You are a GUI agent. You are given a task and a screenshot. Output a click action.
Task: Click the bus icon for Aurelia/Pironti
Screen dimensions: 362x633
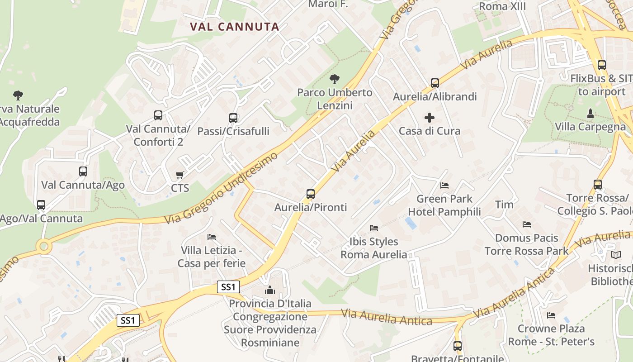pos(310,194)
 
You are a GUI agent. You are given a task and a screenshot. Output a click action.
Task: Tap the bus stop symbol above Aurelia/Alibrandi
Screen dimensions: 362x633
pos(435,83)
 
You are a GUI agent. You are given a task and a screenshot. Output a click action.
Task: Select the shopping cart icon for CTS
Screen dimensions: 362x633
pos(180,175)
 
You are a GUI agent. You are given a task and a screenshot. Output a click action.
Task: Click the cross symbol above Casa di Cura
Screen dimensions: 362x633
pos(430,118)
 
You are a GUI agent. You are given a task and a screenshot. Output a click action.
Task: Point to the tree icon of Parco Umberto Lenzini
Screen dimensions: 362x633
pos(334,79)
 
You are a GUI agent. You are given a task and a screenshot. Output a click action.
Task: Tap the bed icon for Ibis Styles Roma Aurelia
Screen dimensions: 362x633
pos(373,228)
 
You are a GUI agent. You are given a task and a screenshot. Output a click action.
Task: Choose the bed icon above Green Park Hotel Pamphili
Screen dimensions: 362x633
pos(444,185)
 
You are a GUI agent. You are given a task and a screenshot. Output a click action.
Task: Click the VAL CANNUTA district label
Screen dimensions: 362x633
pos(235,27)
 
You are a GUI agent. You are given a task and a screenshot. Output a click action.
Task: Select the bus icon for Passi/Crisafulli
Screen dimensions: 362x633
pos(233,118)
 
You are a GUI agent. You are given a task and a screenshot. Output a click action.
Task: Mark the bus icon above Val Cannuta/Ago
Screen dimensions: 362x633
pos(83,171)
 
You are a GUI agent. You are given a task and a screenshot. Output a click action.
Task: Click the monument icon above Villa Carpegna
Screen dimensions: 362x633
pos(590,113)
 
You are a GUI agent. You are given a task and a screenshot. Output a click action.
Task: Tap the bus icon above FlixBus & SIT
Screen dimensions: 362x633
pos(601,65)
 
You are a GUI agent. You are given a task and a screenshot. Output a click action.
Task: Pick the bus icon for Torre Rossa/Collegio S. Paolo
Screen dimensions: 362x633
pos(597,185)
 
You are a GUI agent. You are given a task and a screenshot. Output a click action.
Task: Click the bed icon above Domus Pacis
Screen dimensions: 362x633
pos(526,224)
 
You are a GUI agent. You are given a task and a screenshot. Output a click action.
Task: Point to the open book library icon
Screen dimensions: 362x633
pos(615,255)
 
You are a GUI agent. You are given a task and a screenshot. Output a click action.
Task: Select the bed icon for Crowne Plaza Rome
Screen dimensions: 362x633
pos(551,315)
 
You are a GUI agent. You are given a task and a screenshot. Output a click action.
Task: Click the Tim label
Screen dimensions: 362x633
pos(504,205)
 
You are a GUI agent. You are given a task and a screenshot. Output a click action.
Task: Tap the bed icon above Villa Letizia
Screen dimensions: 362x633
pos(211,237)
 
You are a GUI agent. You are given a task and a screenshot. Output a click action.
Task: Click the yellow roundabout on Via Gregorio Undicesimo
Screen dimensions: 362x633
pos(44,247)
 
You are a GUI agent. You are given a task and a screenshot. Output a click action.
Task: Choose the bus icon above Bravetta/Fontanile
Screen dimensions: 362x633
pos(458,346)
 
